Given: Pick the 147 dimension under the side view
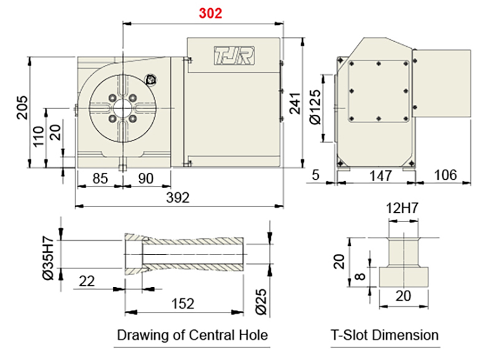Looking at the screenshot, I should click(x=376, y=176).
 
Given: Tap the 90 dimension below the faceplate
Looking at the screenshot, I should click(x=145, y=178).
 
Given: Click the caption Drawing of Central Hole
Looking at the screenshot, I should click(x=193, y=335).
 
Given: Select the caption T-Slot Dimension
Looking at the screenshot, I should click(x=384, y=335).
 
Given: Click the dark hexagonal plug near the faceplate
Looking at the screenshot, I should click(x=150, y=80).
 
